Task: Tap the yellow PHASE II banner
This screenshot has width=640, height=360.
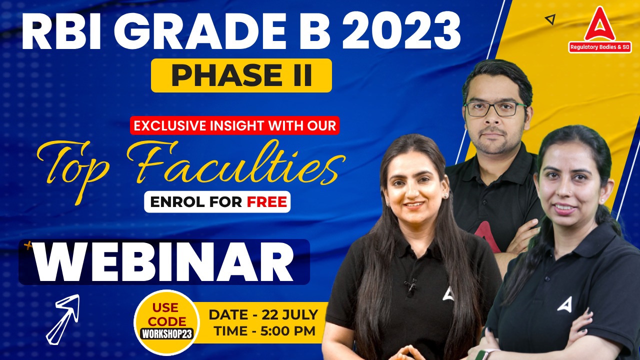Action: (241, 75)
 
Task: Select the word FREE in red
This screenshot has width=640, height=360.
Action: (267, 202)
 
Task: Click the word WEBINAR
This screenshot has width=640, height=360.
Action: (163, 262)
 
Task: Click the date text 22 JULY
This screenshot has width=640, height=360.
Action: (289, 315)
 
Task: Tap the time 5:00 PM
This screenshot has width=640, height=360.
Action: (288, 331)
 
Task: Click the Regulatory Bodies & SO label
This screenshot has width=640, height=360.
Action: (599, 47)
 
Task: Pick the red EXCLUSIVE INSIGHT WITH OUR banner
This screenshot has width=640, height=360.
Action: (234, 125)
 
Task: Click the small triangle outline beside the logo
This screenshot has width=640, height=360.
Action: (550, 19)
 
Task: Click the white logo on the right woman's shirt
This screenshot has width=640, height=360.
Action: (564, 304)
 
